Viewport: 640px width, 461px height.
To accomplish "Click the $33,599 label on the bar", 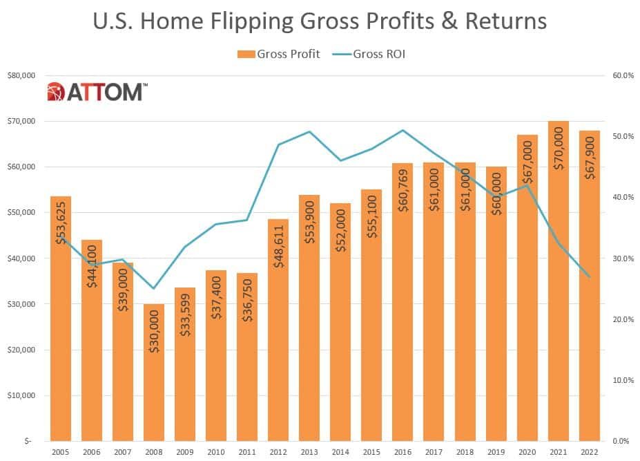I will pos(185,331).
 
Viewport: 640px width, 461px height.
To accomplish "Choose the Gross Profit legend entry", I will pos(279,54).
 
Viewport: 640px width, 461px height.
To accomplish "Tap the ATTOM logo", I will pos(97,92).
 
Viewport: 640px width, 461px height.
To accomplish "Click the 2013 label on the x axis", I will pos(309,451).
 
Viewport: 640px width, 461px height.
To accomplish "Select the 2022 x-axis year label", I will pos(589,451).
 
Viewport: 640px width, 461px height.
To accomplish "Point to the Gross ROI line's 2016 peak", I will pos(403,130).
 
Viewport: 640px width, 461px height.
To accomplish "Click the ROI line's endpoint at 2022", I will pos(589,276).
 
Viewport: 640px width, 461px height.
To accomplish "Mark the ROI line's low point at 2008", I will pos(153,288).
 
